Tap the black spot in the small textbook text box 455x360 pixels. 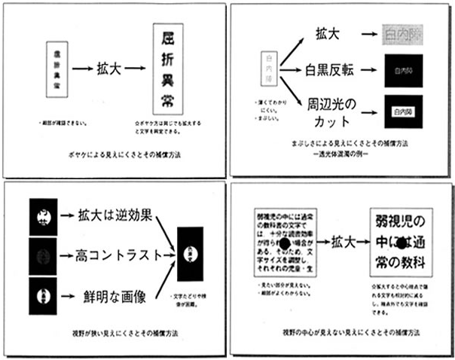285,244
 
